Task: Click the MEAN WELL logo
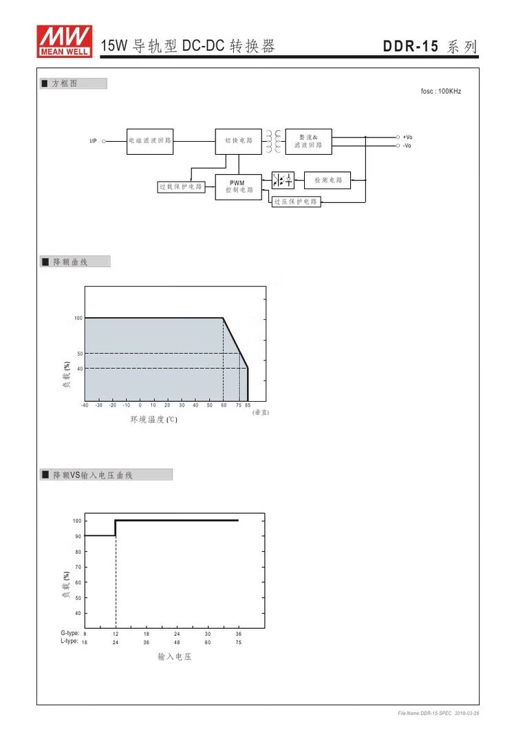65,41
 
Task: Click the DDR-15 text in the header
411,46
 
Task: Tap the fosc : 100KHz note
440,92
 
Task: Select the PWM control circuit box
239,186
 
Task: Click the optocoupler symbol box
283,180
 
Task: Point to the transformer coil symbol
274,141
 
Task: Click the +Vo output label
407,138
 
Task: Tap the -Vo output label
407,146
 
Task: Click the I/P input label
93,141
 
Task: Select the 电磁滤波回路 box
150,142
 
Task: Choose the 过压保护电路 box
297,202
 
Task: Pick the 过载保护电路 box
181,186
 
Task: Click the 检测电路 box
327,180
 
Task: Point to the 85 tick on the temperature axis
248,405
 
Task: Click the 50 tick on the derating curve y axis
80,354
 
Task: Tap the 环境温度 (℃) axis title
154,420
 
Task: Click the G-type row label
70,633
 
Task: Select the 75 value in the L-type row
239,643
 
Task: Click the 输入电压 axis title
175,656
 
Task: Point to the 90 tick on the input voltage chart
78,537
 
